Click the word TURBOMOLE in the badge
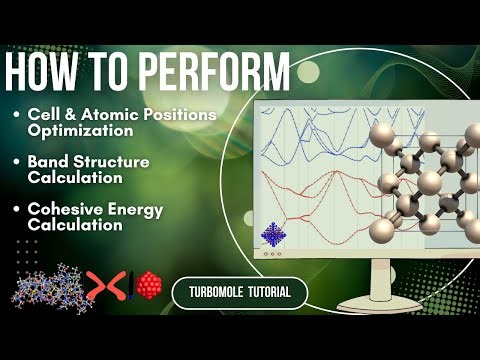213,292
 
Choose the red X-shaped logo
104,287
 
